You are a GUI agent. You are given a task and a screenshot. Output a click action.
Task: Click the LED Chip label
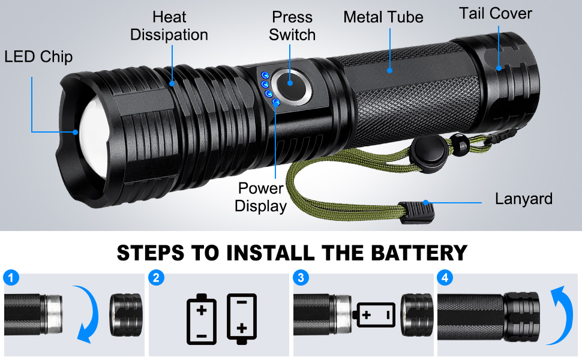[x=38, y=57]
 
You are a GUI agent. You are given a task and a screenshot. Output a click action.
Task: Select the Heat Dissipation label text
[x=169, y=26]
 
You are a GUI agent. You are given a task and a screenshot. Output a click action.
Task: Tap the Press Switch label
[x=292, y=26]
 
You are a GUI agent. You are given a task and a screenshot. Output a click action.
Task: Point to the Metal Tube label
[x=383, y=17]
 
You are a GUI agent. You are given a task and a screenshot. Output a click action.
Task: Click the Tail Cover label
[x=496, y=13]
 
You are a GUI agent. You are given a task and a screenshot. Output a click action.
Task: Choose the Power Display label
[x=260, y=197]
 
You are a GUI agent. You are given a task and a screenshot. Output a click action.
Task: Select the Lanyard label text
[x=523, y=199]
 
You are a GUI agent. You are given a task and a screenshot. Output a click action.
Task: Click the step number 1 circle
[x=11, y=278]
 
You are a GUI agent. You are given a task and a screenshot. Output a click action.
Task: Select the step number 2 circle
[x=157, y=278]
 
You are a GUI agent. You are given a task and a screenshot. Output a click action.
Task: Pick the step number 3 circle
[x=302, y=278]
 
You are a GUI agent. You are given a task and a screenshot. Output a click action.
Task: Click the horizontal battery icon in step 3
[x=376, y=314]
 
